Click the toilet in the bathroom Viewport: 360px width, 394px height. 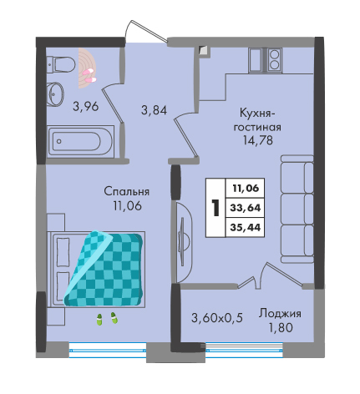pos(61,65)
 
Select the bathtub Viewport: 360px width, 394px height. pos(80,142)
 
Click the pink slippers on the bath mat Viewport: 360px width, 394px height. pos(89,76)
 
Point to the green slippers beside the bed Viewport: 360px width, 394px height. pos(107,318)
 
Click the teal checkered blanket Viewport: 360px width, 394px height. pos(104,269)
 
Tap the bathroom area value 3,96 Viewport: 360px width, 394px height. pos(86,106)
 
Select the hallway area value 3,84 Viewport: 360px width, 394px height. pos(154,110)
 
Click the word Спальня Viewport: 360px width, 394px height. pos(127,192)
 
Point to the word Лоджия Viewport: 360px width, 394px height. pos(280,314)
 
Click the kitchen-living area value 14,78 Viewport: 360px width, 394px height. pos(258,140)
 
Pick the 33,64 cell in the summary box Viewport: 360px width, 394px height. pos(246,208)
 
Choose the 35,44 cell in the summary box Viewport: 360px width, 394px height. pos(246,227)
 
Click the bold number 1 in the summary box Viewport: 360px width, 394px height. pos(215,208)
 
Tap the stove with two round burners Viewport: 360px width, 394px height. pos(274,60)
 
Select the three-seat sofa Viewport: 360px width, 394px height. pos(297,209)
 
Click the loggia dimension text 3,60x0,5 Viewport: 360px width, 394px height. pos(217,318)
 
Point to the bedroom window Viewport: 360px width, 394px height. pos(108,350)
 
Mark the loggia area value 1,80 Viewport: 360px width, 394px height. pos(281,327)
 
